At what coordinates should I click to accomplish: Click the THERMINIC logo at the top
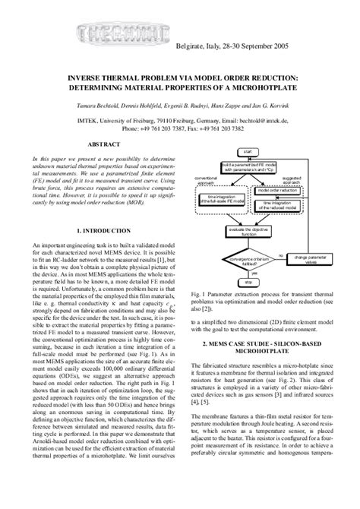(106, 33)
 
